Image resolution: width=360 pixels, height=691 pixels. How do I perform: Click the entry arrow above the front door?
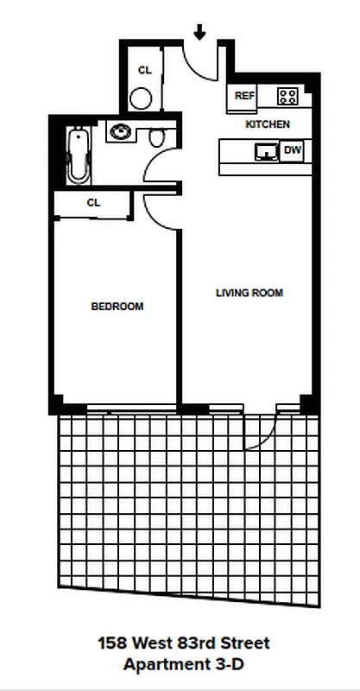tap(199, 32)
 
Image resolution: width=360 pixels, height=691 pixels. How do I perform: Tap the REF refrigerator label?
tap(244, 96)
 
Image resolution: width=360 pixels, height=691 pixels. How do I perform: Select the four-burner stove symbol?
tap(287, 96)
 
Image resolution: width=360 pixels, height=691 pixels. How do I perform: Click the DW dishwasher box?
tap(293, 151)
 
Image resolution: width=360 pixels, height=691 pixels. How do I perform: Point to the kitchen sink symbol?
tap(266, 151)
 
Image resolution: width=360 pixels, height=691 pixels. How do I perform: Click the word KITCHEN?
tap(268, 125)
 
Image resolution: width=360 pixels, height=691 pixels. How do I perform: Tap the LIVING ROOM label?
tap(249, 293)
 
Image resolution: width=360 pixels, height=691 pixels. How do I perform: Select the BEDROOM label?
tap(117, 307)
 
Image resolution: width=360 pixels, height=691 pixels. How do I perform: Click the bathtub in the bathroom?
tap(79, 155)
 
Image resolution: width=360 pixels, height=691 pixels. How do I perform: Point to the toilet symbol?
tap(157, 137)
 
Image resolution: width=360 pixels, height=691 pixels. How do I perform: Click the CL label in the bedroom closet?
tap(93, 203)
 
